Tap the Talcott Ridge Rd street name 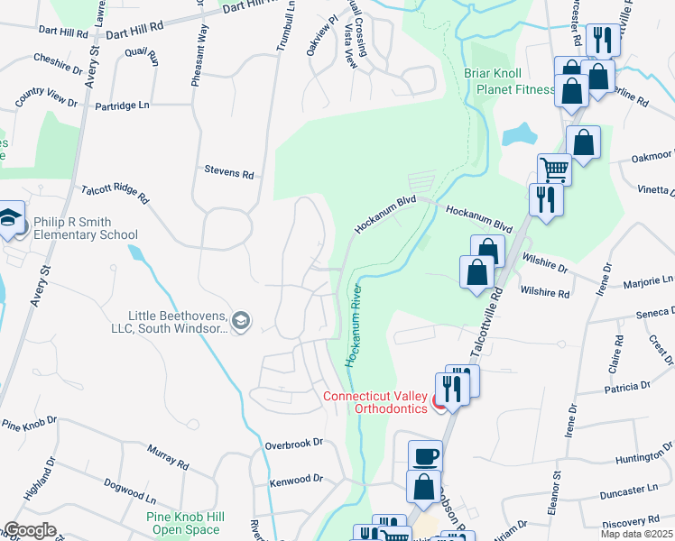(x=115, y=191)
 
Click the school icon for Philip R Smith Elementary (x=10, y=219)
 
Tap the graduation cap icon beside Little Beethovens (x=241, y=320)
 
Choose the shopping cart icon (x=553, y=168)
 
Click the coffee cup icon (x=425, y=455)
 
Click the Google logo (x=30, y=530)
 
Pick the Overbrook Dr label (x=294, y=444)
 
